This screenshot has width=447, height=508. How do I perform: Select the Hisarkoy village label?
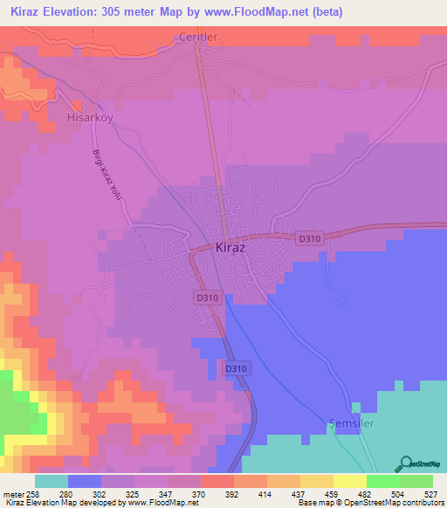pos(91,114)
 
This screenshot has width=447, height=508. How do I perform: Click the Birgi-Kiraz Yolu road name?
pos(106,175)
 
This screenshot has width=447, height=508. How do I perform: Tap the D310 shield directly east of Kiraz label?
pos(309,237)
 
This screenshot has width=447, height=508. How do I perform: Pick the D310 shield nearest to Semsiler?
pos(237,369)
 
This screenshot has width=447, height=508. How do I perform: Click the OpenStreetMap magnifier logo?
pos(404,463)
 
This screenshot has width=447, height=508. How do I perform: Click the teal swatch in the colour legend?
pos(52,481)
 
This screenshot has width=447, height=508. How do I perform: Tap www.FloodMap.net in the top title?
pos(265,12)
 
